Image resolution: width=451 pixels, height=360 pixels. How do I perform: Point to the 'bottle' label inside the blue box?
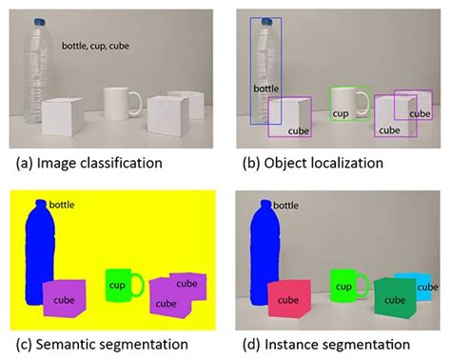(x=265, y=89)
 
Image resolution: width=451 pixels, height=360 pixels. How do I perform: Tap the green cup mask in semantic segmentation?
(x=119, y=286)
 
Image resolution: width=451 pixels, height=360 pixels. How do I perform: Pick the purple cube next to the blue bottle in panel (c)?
(x=65, y=297)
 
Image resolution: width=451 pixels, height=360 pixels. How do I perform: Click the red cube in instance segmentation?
(x=285, y=298)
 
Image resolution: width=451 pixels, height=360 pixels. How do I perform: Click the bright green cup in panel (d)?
(x=343, y=286)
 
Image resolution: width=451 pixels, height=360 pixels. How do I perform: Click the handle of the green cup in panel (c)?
(x=139, y=284)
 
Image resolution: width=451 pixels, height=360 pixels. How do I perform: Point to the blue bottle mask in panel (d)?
(x=262, y=257)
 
